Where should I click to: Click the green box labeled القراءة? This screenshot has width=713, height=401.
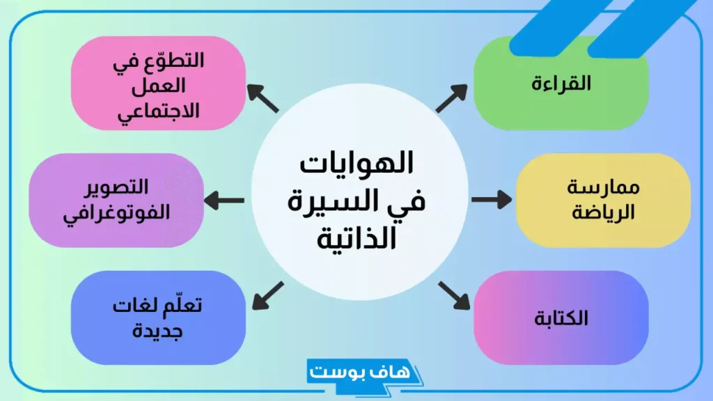[x=561, y=84]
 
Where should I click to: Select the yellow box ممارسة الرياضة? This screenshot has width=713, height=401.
[x=603, y=200]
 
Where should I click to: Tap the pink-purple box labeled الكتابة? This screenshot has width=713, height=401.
[x=561, y=318]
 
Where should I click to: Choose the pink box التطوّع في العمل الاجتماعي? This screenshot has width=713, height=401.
[x=159, y=84]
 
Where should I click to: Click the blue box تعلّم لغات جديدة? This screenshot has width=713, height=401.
[x=159, y=318]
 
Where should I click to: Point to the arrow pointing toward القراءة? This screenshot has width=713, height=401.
[x=452, y=98]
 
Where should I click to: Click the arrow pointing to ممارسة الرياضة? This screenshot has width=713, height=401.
[x=491, y=200]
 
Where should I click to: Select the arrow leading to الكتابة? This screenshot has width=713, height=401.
[x=453, y=295]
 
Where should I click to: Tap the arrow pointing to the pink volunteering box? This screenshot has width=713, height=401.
[x=263, y=98]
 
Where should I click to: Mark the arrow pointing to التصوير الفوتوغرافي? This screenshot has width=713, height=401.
[x=224, y=200]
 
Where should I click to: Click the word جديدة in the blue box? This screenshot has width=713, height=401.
[x=159, y=329]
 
